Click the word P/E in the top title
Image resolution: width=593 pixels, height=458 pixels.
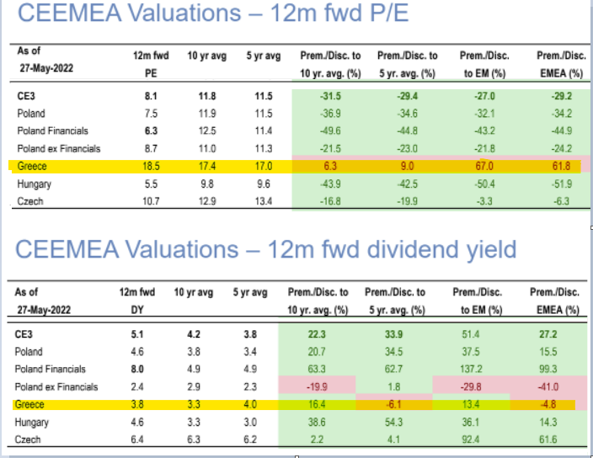click(x=365, y=14)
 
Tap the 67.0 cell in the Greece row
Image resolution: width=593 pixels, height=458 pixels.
click(x=482, y=167)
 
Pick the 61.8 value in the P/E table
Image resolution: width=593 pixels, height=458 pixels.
click(x=559, y=167)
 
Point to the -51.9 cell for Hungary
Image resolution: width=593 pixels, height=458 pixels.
click(x=559, y=184)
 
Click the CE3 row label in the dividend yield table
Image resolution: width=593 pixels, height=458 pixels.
click(x=25, y=333)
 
